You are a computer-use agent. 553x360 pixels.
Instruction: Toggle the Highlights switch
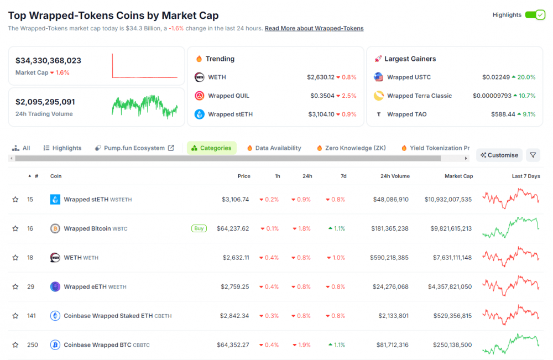pyautogui.click(x=535, y=15)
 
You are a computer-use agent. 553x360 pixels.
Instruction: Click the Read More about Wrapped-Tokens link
pyautogui.click(x=314, y=28)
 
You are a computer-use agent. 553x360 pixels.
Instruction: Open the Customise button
pyautogui.click(x=499, y=155)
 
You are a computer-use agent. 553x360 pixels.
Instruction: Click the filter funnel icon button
pyautogui.click(x=533, y=155)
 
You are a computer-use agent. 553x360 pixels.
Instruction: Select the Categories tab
pyautogui.click(x=211, y=148)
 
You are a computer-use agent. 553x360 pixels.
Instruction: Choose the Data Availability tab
pyautogui.click(x=274, y=148)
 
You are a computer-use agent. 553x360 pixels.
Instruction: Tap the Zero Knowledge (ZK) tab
pyautogui.click(x=351, y=148)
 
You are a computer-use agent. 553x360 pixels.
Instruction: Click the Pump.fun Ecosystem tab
pyautogui.click(x=134, y=148)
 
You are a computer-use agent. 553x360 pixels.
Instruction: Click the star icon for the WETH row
pyautogui.click(x=15, y=258)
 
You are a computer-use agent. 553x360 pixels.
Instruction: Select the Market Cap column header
pyautogui.click(x=458, y=176)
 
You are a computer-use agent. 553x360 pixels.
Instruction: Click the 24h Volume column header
pyautogui.click(x=395, y=176)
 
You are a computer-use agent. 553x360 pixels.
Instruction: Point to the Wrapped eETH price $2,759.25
pyautogui.click(x=235, y=287)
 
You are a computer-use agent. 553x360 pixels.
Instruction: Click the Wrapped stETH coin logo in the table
pyautogui.click(x=55, y=200)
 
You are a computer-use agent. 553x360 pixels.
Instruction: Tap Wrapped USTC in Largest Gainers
pyautogui.click(x=409, y=77)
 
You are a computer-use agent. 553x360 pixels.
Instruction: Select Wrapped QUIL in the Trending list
pyautogui.click(x=228, y=96)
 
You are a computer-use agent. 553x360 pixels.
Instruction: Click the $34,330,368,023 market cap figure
pyautogui.click(x=49, y=61)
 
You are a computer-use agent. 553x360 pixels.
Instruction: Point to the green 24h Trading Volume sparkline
pyautogui.click(x=144, y=106)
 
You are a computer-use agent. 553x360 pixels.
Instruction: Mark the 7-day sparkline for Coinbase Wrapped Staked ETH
pyautogui.click(x=511, y=315)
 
